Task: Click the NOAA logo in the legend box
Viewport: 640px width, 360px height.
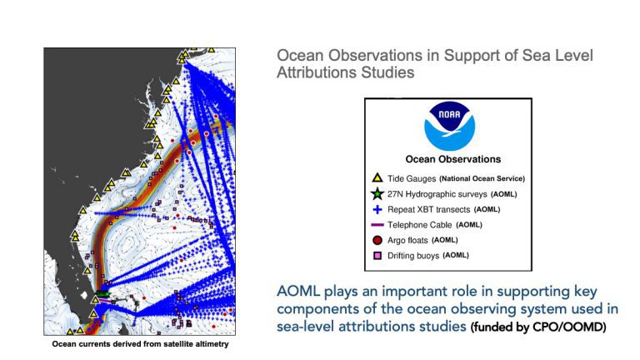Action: pyautogui.click(x=449, y=125)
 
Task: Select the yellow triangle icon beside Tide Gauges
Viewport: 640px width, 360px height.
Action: pyautogui.click(x=377, y=178)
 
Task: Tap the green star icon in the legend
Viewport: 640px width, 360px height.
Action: pyautogui.click(x=377, y=193)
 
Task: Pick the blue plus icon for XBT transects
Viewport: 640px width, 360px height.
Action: pyautogui.click(x=377, y=209)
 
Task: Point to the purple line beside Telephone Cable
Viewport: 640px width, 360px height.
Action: pyautogui.click(x=377, y=225)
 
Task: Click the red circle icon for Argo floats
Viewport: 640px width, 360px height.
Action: pyautogui.click(x=377, y=240)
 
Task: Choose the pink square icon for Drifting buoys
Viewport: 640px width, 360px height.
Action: pyautogui.click(x=377, y=256)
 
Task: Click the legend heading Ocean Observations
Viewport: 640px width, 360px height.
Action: pyautogui.click(x=453, y=159)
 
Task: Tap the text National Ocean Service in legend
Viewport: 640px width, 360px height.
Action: pyautogui.click(x=482, y=178)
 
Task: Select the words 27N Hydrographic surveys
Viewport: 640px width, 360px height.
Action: pyautogui.click(x=437, y=194)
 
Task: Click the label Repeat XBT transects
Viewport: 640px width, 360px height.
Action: pyautogui.click(x=428, y=209)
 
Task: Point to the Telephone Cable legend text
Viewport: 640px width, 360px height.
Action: pyautogui.click(x=420, y=225)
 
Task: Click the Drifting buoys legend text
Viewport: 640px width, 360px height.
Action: pyautogui.click(x=413, y=256)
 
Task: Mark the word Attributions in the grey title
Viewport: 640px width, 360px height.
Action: pyautogui.click(x=311, y=72)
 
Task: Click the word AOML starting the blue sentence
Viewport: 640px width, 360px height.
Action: pyautogui.click(x=298, y=292)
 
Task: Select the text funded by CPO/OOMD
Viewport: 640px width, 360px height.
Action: pyautogui.click(x=538, y=327)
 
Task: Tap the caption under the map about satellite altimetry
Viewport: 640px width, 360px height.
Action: pyautogui.click(x=140, y=344)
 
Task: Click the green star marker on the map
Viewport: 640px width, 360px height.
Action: pyautogui.click(x=102, y=293)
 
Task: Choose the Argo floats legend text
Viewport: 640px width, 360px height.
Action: pyautogui.click(x=407, y=240)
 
